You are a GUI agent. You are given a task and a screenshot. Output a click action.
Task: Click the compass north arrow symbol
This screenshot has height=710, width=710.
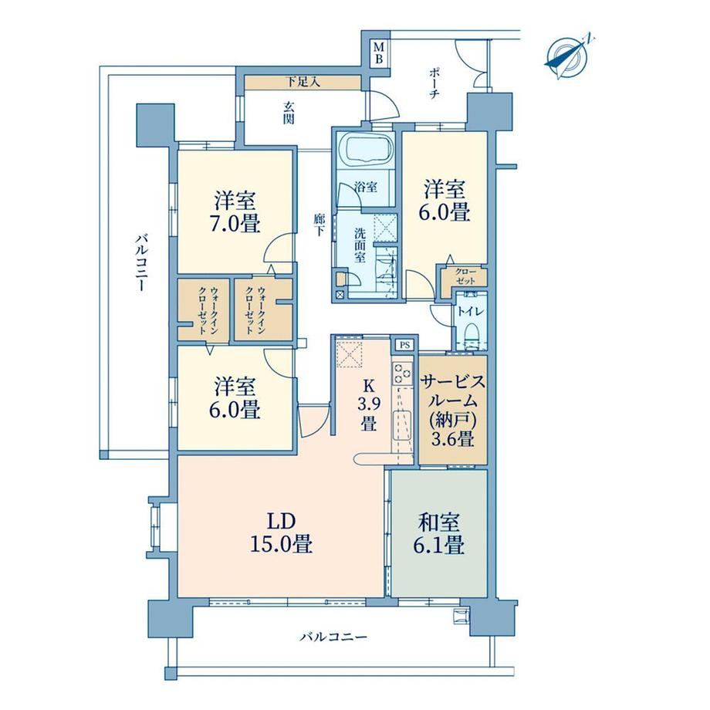567,58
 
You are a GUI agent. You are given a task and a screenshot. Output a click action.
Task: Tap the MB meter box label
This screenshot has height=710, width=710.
379,53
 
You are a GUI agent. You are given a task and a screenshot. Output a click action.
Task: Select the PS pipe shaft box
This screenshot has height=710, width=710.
405,345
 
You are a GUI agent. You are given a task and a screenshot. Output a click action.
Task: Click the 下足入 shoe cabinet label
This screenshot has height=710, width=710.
303,82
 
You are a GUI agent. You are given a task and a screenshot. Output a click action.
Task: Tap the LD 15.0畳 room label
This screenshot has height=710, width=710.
281,533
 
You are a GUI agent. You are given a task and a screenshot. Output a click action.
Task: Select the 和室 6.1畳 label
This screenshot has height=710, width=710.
439,534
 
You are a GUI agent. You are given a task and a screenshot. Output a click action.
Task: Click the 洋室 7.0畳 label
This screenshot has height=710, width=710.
237,212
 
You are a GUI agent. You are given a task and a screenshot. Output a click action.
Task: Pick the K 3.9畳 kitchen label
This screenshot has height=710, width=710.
369,405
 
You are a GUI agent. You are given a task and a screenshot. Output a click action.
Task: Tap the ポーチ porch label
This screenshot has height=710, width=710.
434,84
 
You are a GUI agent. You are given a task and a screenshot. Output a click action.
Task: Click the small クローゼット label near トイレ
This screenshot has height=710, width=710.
465,276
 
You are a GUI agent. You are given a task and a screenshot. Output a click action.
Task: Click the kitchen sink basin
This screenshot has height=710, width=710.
401,424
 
